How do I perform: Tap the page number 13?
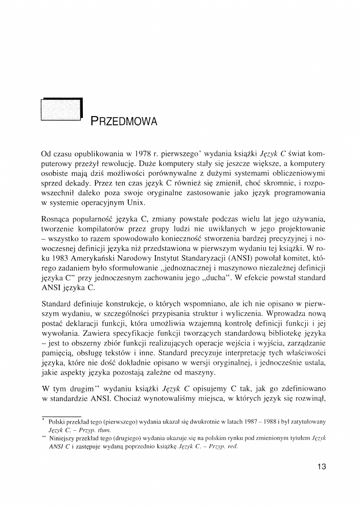pos(322,466)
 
